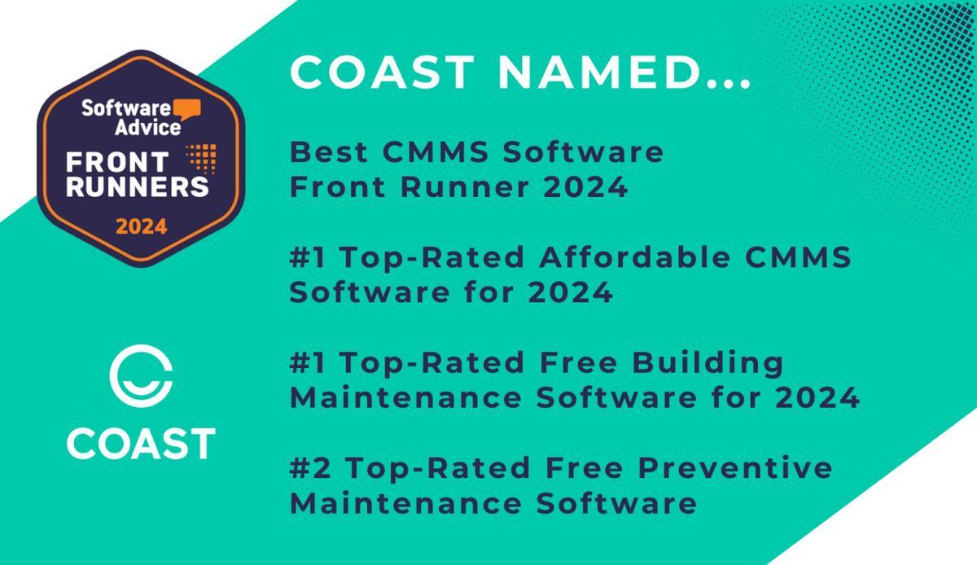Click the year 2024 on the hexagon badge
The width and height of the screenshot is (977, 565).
click(141, 227)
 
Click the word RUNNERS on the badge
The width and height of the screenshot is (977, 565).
click(138, 186)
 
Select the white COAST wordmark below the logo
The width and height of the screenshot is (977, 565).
click(140, 443)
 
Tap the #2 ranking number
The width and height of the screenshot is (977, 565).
click(310, 468)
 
